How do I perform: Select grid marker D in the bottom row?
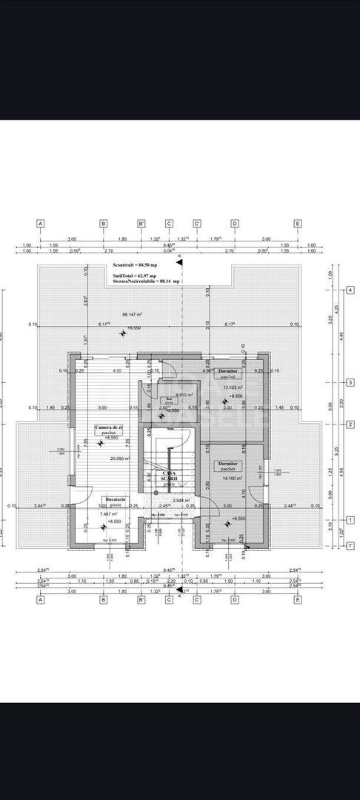234,600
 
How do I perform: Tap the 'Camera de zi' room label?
109,427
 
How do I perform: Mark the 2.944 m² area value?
181,500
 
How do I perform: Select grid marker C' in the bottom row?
198,600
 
